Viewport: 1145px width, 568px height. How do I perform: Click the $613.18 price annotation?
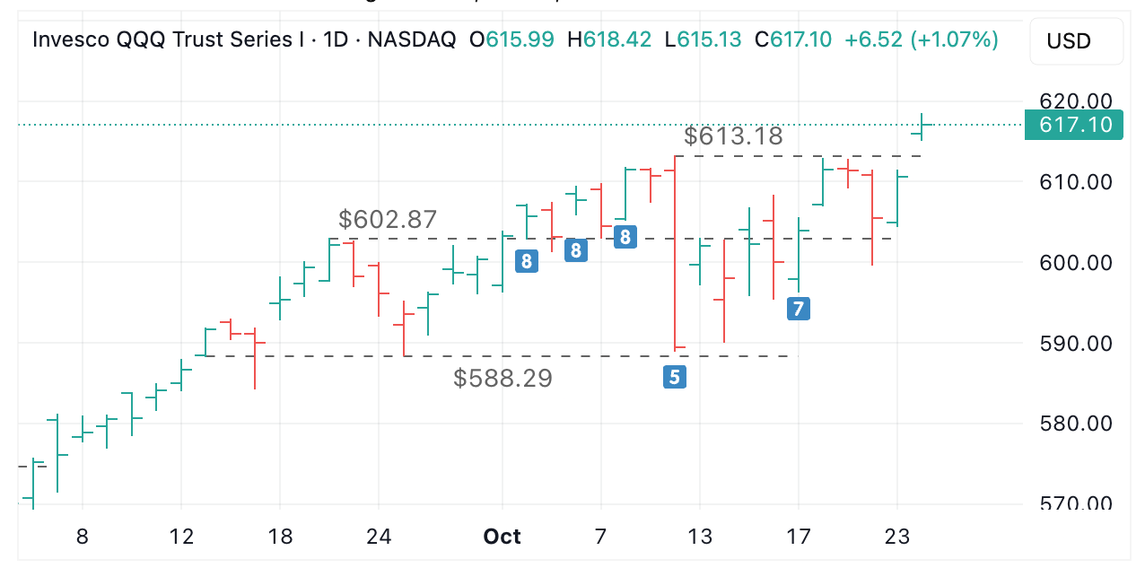pos(733,136)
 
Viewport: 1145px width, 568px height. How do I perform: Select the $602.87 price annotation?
pos(388,220)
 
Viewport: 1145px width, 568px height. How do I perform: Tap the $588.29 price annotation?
pos(503,379)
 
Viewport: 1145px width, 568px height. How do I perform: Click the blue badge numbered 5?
pos(674,377)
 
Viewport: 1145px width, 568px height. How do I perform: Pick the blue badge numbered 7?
pos(798,310)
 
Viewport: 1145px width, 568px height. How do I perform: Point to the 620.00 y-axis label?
pos(1075,101)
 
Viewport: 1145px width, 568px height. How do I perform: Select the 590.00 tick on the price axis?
pos(1075,343)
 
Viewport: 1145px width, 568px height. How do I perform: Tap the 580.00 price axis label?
pos(1075,424)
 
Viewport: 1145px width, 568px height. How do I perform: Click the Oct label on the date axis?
pos(502,537)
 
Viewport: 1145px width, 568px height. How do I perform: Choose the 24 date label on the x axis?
pos(379,537)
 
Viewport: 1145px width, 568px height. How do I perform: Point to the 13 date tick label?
pos(700,537)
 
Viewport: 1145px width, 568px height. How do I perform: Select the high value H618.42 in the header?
pos(616,39)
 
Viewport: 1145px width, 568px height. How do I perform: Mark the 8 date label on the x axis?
pos(83,537)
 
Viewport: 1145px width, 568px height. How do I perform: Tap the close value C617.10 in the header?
pos(793,39)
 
